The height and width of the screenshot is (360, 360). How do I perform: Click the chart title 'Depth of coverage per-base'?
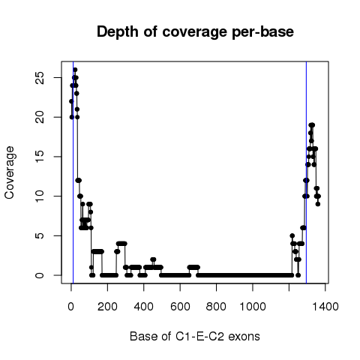tap(195, 32)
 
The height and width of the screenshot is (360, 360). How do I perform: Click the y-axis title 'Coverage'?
tap(10, 172)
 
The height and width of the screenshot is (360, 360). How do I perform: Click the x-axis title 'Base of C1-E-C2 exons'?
tap(195, 337)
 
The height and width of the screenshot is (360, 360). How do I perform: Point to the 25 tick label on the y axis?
tap(40, 78)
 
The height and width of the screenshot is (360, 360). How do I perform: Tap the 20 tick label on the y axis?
tap(40, 117)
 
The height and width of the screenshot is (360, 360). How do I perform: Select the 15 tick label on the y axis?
tap(40, 157)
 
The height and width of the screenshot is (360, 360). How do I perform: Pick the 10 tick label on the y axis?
tap(40, 196)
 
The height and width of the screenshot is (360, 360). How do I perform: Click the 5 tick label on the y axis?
tap(40, 235)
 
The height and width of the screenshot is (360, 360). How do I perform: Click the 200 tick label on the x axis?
tap(107, 307)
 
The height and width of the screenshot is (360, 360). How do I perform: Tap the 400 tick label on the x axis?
tap(144, 307)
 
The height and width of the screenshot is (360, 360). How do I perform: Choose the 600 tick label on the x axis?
tap(180, 307)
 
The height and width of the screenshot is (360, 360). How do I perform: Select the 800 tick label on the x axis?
tap(216, 307)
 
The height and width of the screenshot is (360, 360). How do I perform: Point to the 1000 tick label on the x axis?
tap(253, 307)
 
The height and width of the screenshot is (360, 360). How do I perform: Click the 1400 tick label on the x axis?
tap(325, 307)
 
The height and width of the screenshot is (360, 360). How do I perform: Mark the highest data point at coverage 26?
tap(75, 70)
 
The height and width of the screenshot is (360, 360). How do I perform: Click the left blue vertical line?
tap(73, 172)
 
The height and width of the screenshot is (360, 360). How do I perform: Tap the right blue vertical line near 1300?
tap(306, 172)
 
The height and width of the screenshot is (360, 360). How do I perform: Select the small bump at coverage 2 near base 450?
tap(153, 259)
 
